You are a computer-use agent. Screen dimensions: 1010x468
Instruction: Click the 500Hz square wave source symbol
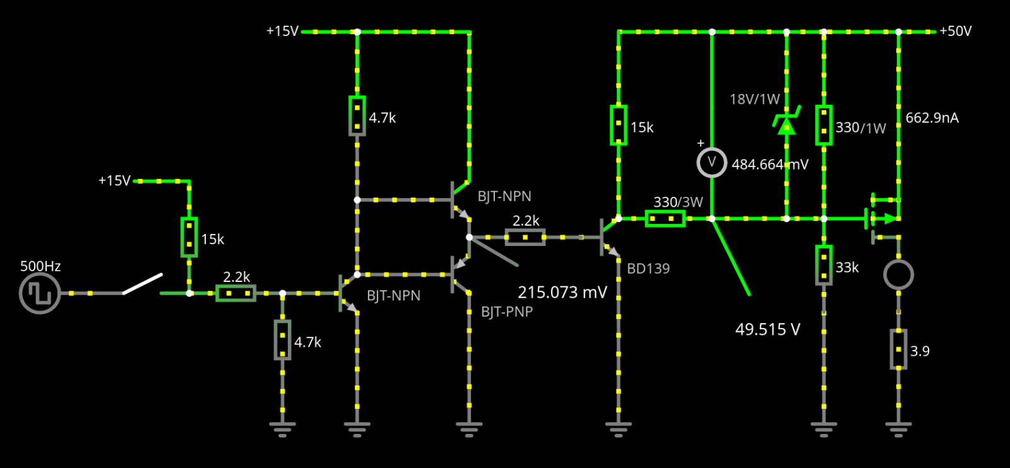(x=40, y=293)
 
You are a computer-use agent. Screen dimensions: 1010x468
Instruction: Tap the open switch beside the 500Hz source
(x=143, y=284)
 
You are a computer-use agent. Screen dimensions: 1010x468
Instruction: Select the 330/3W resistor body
(x=665, y=218)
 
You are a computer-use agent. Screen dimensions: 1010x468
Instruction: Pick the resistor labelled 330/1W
(x=824, y=126)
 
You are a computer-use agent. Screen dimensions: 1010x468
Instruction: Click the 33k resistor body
(x=824, y=266)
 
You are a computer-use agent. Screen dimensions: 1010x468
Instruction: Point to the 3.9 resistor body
(x=899, y=349)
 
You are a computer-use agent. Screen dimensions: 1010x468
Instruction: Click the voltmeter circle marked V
(x=711, y=162)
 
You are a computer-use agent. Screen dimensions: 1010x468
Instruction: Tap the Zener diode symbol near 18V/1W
(x=787, y=120)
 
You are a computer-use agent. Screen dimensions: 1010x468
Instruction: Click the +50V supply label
(x=956, y=31)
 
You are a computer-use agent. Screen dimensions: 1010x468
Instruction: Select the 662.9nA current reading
(x=932, y=118)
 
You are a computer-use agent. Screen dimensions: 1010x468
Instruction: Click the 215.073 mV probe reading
(x=562, y=293)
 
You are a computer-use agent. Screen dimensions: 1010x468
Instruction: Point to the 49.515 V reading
(x=768, y=330)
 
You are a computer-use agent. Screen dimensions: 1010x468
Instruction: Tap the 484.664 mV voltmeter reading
(x=769, y=165)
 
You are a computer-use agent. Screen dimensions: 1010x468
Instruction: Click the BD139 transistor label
(x=648, y=269)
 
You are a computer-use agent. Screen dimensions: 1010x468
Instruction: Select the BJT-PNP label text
(x=507, y=312)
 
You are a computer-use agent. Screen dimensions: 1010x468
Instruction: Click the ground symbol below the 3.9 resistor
(x=899, y=429)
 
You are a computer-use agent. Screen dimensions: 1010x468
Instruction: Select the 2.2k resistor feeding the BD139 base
(x=525, y=237)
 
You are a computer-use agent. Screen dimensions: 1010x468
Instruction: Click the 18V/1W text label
(x=755, y=100)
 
